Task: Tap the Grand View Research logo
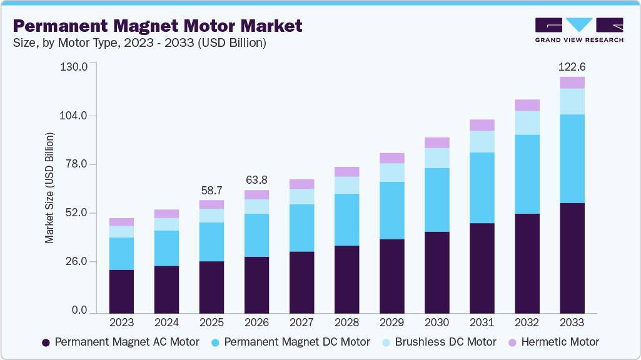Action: [x=578, y=29]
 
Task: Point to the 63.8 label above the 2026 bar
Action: [x=256, y=180]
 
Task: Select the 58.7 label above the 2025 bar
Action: [x=211, y=190]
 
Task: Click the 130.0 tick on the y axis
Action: [x=74, y=67]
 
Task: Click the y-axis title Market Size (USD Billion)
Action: [x=49, y=188]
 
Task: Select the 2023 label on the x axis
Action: [x=121, y=322]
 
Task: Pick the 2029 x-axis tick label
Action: [x=391, y=322]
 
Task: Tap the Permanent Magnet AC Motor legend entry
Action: [x=120, y=342]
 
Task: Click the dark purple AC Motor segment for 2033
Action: [x=572, y=257]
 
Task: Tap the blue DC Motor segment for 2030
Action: [x=437, y=199]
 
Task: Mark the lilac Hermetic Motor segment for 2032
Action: [x=527, y=105]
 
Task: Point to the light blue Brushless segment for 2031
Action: [x=482, y=141]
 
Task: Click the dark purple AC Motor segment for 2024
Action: [x=166, y=289]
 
